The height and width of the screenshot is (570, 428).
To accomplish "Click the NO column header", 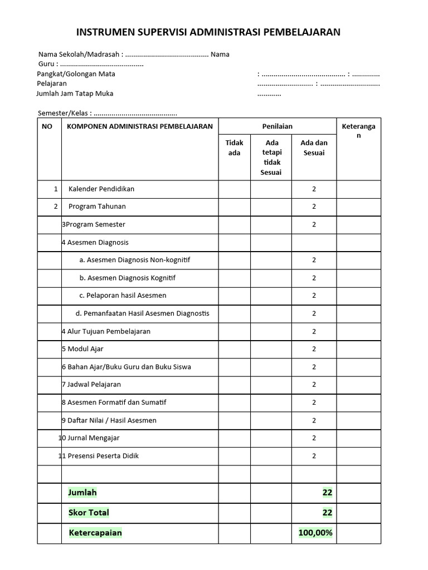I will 47,126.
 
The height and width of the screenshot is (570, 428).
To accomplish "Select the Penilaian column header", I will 277,126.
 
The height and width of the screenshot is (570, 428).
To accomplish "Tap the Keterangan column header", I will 358,131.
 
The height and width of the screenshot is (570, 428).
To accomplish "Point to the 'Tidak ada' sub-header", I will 234,148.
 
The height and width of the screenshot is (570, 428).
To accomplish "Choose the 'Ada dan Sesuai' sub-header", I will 314,148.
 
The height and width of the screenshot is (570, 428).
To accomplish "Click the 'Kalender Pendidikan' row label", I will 101,189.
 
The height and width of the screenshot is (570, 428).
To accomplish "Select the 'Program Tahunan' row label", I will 97,207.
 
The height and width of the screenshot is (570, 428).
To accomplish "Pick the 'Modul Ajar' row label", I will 85,349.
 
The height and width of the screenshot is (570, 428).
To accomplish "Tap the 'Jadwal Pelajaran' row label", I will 94,385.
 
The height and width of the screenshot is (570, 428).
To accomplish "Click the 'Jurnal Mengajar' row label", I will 93,438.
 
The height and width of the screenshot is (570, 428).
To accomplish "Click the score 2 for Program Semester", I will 314,224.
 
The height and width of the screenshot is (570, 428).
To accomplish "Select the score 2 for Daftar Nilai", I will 314,420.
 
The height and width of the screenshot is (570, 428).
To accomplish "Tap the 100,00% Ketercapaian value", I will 315,533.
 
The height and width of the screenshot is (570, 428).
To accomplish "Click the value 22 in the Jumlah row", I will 327,493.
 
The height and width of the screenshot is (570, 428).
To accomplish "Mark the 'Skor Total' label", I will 89,513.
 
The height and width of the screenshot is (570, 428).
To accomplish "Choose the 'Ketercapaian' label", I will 95,533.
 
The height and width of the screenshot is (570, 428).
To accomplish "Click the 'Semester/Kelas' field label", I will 62,112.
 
